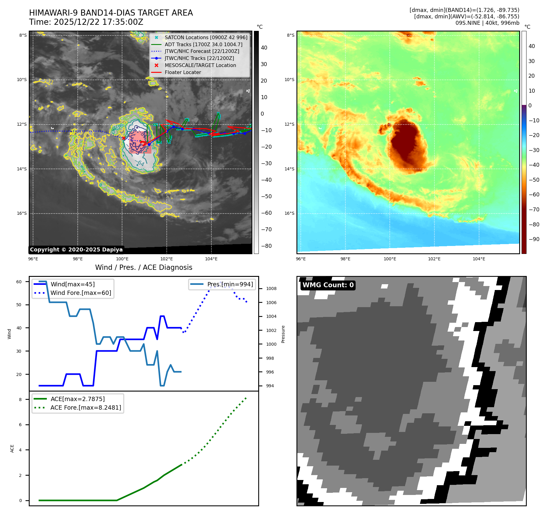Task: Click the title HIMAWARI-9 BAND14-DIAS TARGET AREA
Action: [x=111, y=13]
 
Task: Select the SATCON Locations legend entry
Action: [x=206, y=37]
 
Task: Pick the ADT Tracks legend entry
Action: [x=203, y=44]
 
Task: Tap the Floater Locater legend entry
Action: [x=183, y=73]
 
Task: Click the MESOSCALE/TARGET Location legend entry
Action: [x=200, y=65]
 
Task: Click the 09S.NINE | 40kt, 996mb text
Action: [x=487, y=23]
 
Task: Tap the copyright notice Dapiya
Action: [x=76, y=250]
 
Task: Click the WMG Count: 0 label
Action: [x=328, y=285]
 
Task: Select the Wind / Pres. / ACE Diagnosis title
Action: [x=143, y=267]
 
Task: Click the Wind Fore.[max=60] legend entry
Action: [x=80, y=293]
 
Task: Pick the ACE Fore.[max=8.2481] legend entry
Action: [x=85, y=407]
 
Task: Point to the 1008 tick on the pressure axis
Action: [x=271, y=288]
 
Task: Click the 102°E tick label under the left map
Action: [x=166, y=259]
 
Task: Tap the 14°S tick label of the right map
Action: [x=289, y=169]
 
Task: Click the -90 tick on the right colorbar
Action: [x=534, y=239]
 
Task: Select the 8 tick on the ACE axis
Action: [x=20, y=400]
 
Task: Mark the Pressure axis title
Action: [x=283, y=334]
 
